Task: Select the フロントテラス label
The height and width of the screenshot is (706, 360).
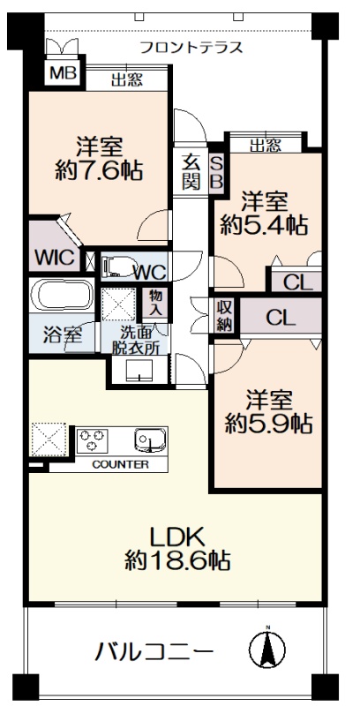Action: coord(191,48)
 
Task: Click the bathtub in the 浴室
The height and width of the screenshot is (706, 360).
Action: coord(62,295)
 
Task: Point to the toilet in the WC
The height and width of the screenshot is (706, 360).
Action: coord(119,266)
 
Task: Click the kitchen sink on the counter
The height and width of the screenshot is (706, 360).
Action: coord(150,439)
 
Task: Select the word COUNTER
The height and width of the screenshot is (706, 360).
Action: coord(120,465)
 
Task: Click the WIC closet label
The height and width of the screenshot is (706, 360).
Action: coord(55,258)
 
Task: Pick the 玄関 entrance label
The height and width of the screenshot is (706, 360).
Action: coord(191,172)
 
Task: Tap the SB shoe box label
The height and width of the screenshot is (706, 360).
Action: coord(217,172)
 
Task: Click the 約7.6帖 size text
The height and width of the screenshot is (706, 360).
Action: coord(99,171)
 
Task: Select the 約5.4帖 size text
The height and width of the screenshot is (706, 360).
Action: coord(264,225)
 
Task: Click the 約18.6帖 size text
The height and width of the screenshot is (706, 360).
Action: coord(177,560)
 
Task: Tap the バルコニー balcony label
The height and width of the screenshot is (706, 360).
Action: coord(153,651)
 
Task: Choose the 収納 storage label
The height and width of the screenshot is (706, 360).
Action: coord(224,316)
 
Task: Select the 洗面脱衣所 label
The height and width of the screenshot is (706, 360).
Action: coord(136,341)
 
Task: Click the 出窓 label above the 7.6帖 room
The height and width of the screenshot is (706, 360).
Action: coord(127,80)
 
